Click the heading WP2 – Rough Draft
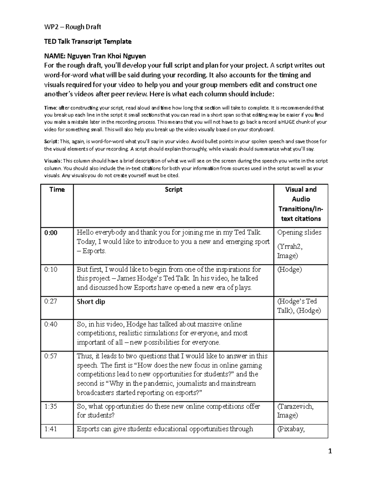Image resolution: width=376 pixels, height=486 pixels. point(72,27)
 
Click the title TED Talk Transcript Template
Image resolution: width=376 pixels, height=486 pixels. point(88,42)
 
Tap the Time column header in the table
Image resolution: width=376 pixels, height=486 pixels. point(57,190)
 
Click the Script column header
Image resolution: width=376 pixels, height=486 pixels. point(173,190)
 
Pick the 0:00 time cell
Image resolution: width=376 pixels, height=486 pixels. point(51,233)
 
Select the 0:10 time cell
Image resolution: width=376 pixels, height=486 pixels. point(51,269)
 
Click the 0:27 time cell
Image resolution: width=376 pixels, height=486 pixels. point(51,302)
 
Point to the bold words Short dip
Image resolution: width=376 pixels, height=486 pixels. point(91,302)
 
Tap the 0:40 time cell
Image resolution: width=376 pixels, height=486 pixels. point(51,325)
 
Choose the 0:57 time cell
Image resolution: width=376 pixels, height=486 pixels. point(51,356)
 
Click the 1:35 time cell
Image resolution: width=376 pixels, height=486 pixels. point(51,407)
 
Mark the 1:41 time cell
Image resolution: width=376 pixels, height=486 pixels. point(51,429)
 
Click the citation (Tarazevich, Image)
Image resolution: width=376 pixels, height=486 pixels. point(295,411)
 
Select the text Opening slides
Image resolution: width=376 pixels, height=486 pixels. point(299,233)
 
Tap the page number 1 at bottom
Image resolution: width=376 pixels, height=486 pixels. point(330,451)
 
